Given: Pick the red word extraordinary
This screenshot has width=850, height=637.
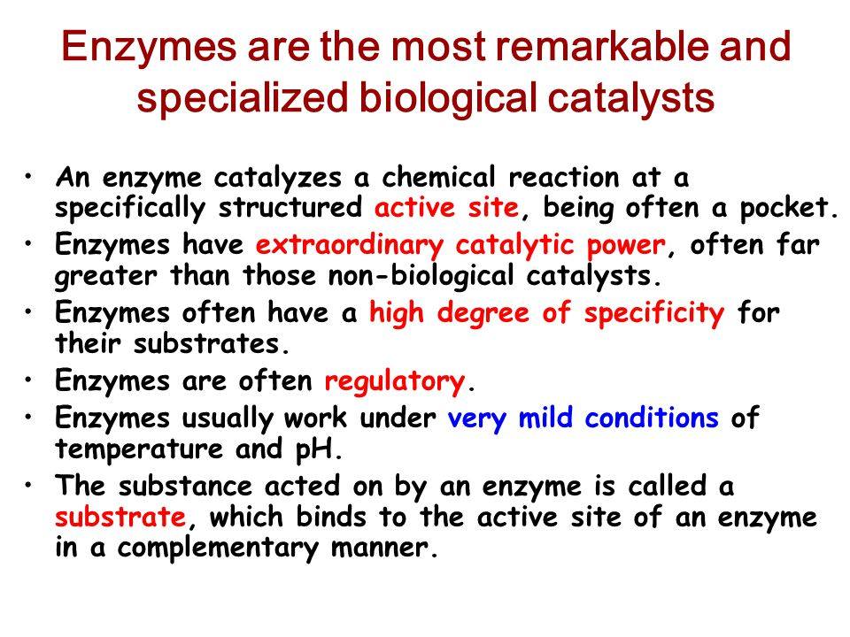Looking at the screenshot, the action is (x=349, y=245).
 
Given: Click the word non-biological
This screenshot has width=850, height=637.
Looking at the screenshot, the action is (x=421, y=276).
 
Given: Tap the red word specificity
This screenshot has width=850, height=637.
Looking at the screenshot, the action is (x=653, y=313).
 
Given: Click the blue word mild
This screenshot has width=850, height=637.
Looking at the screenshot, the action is (x=545, y=418).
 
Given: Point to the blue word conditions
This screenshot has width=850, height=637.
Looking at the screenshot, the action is (x=652, y=418).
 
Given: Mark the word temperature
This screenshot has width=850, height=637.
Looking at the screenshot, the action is (x=139, y=449).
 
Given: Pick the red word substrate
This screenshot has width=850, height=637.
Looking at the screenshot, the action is (x=121, y=516).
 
